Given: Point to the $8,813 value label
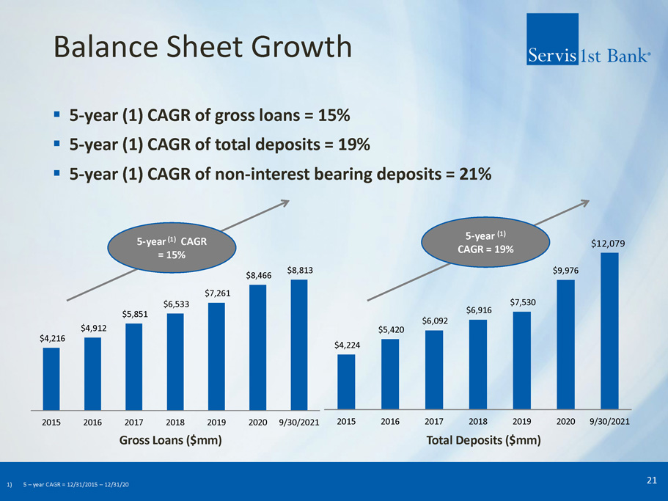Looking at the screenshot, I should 300,270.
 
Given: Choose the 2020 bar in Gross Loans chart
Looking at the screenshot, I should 258,346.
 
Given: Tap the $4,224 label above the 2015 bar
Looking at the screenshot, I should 347,344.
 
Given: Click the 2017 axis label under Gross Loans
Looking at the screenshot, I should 134,423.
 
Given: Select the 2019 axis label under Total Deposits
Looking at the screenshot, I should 521,422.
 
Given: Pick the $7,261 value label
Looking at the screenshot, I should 218,293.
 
